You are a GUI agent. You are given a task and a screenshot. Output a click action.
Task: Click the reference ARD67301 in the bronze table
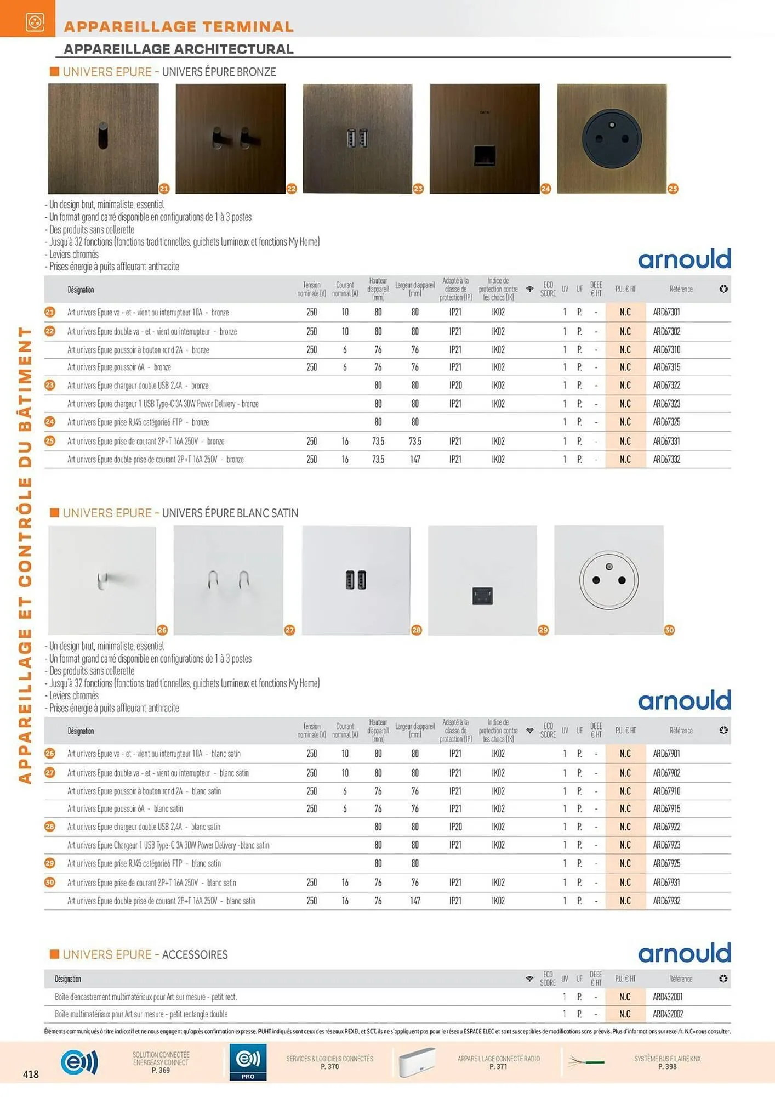click(x=666, y=312)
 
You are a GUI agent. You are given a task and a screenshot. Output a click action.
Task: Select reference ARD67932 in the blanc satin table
click(x=666, y=901)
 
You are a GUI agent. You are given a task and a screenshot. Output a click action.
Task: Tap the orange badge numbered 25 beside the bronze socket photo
click(x=673, y=189)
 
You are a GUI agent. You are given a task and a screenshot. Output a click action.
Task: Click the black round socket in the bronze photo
click(x=611, y=138)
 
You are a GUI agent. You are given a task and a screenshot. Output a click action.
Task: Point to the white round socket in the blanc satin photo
click(x=609, y=580)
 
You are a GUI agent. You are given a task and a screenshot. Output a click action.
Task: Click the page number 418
click(x=31, y=1074)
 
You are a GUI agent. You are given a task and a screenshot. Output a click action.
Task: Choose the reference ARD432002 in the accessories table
click(x=668, y=1014)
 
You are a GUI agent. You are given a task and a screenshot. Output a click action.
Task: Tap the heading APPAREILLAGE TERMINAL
click(x=179, y=26)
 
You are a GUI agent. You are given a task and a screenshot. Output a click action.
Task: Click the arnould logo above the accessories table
click(x=684, y=953)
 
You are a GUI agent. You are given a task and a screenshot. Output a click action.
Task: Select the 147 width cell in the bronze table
click(x=415, y=460)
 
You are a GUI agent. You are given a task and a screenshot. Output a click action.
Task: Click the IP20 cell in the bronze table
click(x=455, y=386)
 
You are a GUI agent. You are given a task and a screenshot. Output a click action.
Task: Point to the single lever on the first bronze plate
click(x=104, y=137)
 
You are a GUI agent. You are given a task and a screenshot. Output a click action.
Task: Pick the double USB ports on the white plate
click(x=356, y=580)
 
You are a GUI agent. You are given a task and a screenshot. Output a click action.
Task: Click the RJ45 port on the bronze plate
click(x=485, y=155)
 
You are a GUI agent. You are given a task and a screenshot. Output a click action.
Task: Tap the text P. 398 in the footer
click(x=667, y=1066)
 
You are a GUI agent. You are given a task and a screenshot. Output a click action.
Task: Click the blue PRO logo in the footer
click(x=248, y=1062)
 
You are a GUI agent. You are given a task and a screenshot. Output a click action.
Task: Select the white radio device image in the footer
click(x=417, y=1062)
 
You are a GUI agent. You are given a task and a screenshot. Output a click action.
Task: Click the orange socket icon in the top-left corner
click(x=35, y=22)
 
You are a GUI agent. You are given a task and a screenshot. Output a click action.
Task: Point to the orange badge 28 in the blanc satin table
click(x=50, y=827)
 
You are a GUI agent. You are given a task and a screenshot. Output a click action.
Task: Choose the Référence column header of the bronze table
click(x=681, y=289)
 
